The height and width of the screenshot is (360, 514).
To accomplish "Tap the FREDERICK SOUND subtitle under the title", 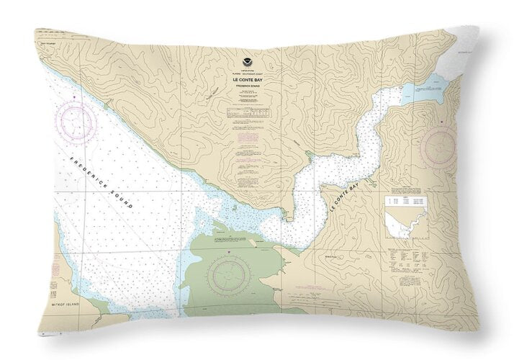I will [x=249, y=86].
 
